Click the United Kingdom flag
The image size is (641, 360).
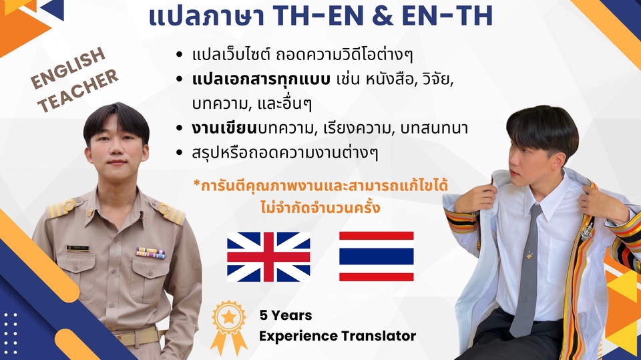click(268, 256)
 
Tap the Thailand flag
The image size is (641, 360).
click(376, 256)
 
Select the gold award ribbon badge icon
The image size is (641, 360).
click(228, 326)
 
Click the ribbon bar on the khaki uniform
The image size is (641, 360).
click(150, 252)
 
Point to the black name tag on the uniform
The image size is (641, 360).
click(77, 248)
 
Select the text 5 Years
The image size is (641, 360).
click(286, 315)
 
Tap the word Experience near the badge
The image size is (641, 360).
click(298, 335)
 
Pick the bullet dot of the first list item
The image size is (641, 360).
click(178, 54)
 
